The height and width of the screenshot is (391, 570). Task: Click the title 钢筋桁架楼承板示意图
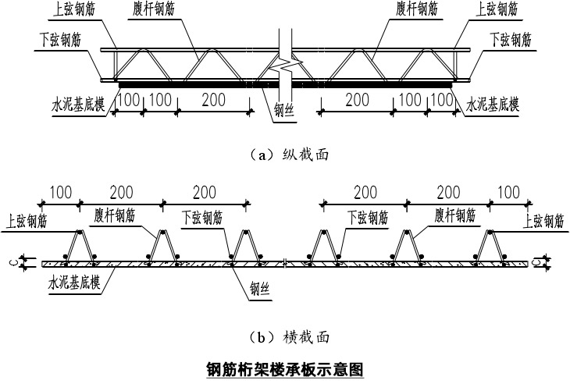(x=284, y=368)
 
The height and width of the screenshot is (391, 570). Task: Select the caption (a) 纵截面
(x=284, y=155)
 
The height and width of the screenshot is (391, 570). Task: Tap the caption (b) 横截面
(x=284, y=337)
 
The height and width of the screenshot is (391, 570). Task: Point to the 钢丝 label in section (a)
(x=283, y=112)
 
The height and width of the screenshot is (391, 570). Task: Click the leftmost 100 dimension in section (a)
(x=129, y=101)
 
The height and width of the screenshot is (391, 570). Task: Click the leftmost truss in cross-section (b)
(x=81, y=245)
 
